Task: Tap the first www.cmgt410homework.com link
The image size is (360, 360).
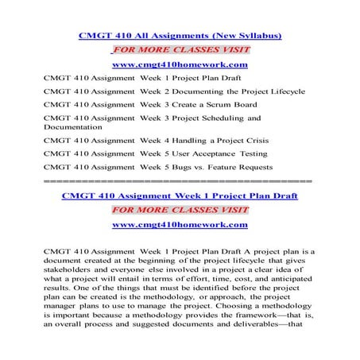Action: coord(180,64)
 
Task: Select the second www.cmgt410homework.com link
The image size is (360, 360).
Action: coord(179,225)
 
